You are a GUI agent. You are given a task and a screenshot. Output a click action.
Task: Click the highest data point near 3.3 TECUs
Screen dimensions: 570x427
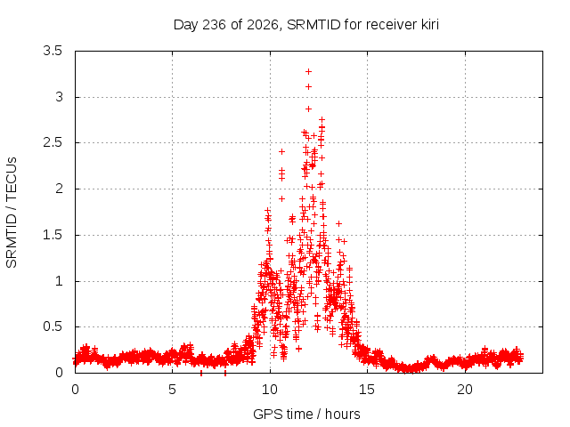pos(308,71)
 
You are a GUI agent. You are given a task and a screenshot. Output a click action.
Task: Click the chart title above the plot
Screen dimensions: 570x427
pos(306,25)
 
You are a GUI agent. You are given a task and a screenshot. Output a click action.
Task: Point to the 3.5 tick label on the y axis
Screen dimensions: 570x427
pos(53,51)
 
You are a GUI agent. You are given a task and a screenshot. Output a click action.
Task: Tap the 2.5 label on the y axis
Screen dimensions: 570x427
pos(53,142)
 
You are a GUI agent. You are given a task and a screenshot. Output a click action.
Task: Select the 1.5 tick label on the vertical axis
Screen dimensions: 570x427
pos(53,235)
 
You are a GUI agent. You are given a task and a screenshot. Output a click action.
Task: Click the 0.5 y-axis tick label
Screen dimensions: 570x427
pos(53,326)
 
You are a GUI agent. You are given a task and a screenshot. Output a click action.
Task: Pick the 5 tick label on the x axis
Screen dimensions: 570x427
pos(172,390)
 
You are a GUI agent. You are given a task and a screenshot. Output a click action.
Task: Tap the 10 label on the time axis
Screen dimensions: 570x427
pos(270,390)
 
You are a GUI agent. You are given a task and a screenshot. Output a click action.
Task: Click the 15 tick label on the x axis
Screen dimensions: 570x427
pos(367,390)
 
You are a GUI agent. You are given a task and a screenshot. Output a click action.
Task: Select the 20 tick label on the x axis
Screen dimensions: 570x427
pos(465,390)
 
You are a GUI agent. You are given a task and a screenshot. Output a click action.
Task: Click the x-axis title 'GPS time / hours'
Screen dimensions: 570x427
pos(306,414)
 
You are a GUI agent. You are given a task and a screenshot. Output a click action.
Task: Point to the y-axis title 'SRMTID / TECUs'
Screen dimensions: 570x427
pos(12,213)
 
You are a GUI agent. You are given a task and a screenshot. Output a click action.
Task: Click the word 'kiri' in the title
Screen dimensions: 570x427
pos(430,25)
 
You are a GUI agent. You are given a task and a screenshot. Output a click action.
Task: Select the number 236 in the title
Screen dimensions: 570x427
pos(214,25)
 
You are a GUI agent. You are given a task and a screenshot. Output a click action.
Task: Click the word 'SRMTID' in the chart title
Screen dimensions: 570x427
pos(313,25)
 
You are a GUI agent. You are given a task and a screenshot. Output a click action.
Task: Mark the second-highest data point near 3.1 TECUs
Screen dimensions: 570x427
pos(308,87)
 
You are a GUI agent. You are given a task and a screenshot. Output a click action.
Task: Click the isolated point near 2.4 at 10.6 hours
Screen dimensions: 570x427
pos(281,151)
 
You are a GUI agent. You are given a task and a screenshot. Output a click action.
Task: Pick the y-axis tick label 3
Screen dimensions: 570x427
pos(59,97)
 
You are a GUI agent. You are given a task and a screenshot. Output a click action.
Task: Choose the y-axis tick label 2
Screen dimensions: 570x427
pos(59,189)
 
